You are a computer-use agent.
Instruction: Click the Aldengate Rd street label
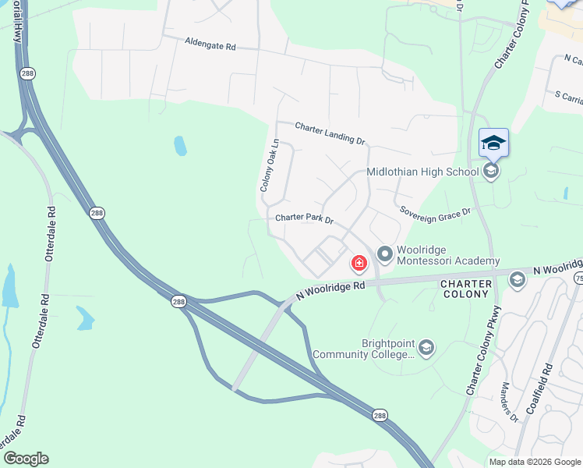pyautogui.click(x=210, y=45)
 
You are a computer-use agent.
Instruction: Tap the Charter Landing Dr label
pyautogui.click(x=330, y=133)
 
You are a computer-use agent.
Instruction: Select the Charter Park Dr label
pyautogui.click(x=304, y=220)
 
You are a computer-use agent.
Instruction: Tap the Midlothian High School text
pyautogui.click(x=422, y=172)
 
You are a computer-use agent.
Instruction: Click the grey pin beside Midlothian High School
pyautogui.click(x=490, y=171)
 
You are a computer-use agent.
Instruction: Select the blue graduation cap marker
pyautogui.click(x=493, y=143)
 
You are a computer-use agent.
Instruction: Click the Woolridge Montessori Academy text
pyautogui.click(x=447, y=255)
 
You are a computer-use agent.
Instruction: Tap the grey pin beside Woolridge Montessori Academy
pyautogui.click(x=384, y=254)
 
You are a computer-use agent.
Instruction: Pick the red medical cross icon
pyautogui.click(x=359, y=264)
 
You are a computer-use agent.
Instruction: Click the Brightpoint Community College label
pyautogui.click(x=364, y=349)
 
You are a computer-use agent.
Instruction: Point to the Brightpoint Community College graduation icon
pyautogui.click(x=426, y=348)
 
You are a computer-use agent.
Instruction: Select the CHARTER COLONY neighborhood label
pyautogui.click(x=465, y=289)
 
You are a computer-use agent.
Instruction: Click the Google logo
pyautogui.click(x=26, y=459)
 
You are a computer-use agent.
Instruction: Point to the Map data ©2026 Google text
pyautogui.click(x=535, y=462)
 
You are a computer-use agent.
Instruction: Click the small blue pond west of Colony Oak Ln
pyautogui.click(x=180, y=146)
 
